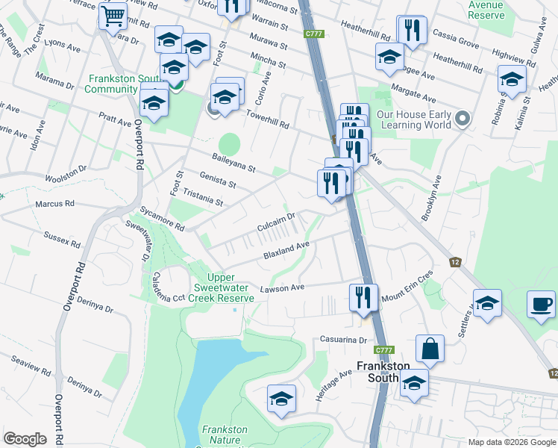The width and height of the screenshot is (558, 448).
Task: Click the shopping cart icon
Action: (x=113, y=15)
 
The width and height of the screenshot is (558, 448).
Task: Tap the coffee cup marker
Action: (x=542, y=305)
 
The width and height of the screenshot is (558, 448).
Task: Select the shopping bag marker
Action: (x=430, y=348)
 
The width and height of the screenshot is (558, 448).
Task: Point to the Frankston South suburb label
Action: (x=383, y=372)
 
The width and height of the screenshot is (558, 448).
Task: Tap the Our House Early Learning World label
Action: (x=413, y=119)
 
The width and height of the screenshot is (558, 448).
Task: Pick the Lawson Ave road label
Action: (x=282, y=288)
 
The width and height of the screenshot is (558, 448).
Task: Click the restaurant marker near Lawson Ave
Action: (x=363, y=297)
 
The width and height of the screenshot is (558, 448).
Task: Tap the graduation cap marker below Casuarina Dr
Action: (x=280, y=399)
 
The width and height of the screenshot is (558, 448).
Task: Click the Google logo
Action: (x=25, y=438)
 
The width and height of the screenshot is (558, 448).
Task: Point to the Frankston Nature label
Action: (x=225, y=430)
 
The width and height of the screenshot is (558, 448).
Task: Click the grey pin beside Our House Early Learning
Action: (x=463, y=119)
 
